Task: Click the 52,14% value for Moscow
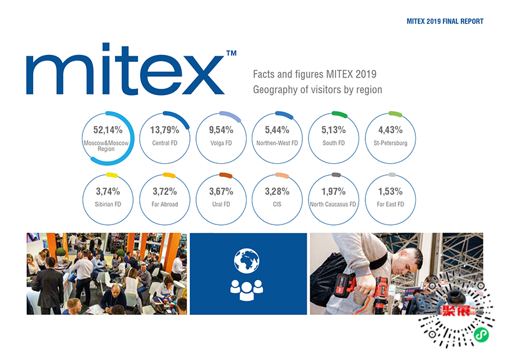[x=107, y=130]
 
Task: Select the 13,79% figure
[x=165, y=130]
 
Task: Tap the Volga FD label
[x=221, y=143]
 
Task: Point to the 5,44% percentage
[x=277, y=130]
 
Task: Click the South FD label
[x=334, y=143]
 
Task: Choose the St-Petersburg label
[x=390, y=143]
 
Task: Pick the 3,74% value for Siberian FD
[x=107, y=191]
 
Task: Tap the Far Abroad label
[x=165, y=204]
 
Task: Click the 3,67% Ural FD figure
[x=221, y=191]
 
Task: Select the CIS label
[x=277, y=204]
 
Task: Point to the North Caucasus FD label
[x=333, y=204]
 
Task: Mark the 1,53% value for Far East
[x=390, y=191]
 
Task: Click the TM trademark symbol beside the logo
[x=230, y=54]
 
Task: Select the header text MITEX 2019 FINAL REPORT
[x=445, y=21]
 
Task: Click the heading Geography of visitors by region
[x=317, y=90]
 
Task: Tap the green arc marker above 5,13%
[x=339, y=114]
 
